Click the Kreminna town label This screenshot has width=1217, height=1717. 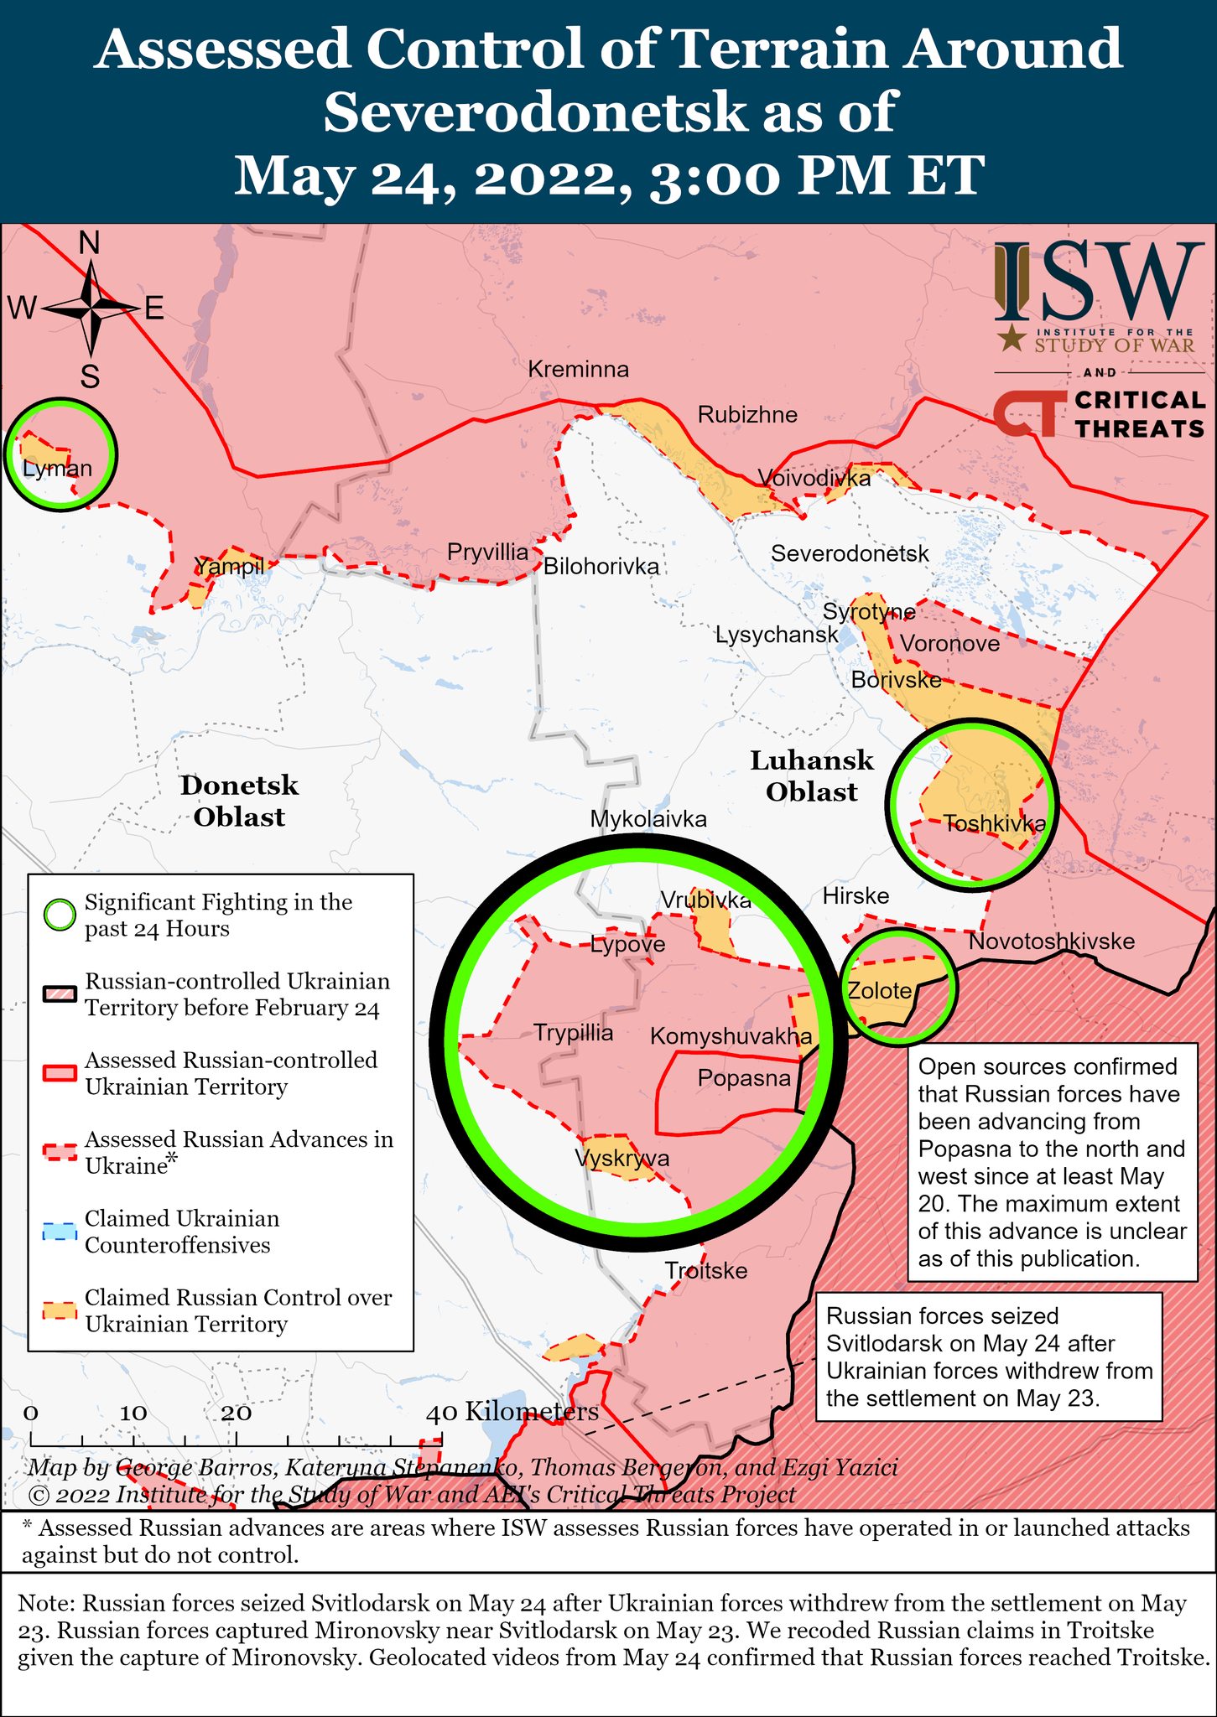click(578, 370)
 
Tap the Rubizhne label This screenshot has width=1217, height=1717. click(747, 415)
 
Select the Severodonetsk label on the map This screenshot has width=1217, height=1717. click(850, 553)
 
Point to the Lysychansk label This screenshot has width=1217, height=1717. click(777, 635)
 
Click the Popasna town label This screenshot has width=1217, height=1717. click(744, 1078)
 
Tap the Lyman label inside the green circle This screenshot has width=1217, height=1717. click(57, 468)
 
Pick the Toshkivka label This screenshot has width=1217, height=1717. click(994, 823)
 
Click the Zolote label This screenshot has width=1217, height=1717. click(879, 991)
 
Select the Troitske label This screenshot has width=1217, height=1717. click(705, 1271)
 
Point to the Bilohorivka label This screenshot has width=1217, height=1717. click(601, 567)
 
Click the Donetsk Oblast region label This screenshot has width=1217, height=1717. click(239, 801)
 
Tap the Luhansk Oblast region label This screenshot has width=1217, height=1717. click(811, 776)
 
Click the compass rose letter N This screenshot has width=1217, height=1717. click(89, 243)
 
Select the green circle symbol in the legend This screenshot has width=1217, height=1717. click(60, 915)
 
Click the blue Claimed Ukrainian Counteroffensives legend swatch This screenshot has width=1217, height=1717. click(60, 1232)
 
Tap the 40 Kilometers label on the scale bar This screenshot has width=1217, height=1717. click(512, 1412)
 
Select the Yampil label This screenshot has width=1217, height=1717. click(229, 567)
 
